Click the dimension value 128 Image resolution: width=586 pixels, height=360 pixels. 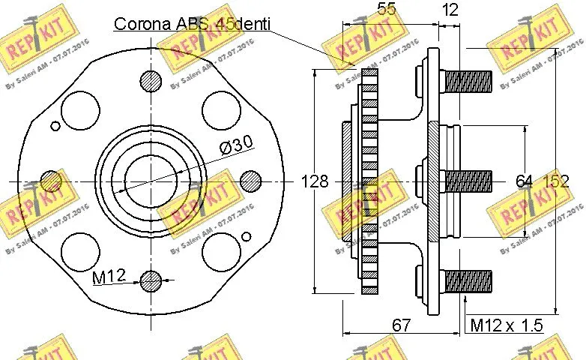(315, 181)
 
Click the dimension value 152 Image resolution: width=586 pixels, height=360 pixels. (555, 181)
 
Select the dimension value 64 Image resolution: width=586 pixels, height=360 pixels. (525, 181)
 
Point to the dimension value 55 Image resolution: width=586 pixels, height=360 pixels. (387, 9)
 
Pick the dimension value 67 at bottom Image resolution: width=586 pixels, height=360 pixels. (402, 325)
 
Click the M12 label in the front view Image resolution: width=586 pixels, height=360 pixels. (108, 277)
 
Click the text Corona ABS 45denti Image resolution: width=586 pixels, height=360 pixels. (192, 23)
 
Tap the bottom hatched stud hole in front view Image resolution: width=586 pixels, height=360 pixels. (151, 281)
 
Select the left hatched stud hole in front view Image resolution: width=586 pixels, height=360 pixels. (49, 180)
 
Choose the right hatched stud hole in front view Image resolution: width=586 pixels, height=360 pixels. (251, 180)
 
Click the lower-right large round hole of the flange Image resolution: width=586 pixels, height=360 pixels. (221, 250)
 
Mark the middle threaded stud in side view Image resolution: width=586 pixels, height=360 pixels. (468, 180)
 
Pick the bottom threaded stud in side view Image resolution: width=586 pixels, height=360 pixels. (468, 281)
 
